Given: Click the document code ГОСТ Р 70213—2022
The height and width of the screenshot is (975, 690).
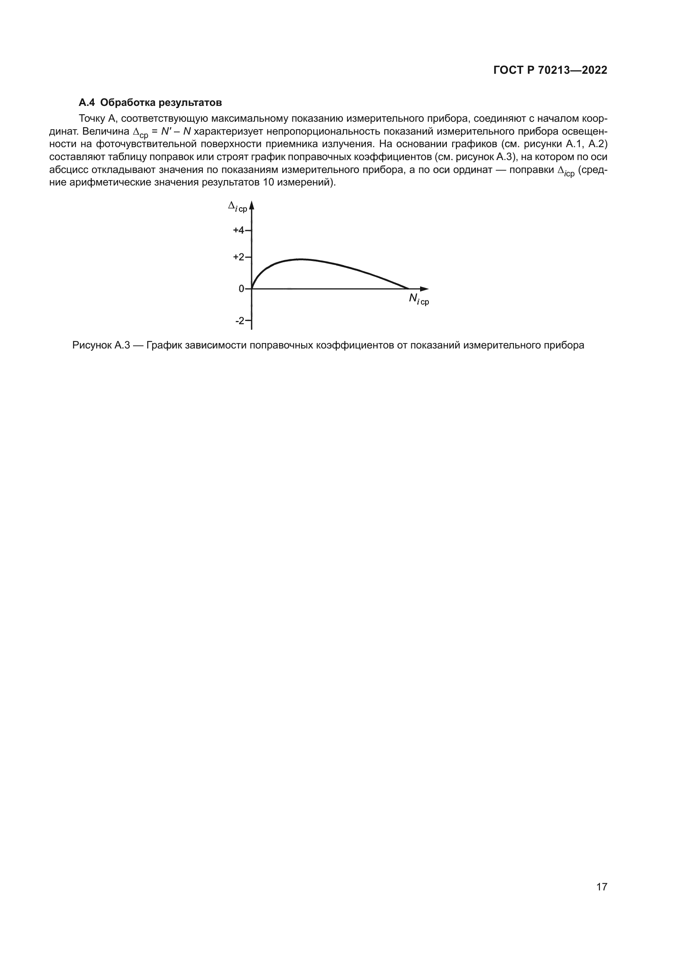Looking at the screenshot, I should pos(550,70).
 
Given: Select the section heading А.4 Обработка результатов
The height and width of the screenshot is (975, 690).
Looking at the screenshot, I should pos(151,103).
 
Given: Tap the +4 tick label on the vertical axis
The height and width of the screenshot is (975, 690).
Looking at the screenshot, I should pos(238,231).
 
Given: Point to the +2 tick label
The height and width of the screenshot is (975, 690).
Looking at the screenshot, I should pos(238,257).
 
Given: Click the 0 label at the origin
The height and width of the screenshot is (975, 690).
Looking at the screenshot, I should pos(241,289).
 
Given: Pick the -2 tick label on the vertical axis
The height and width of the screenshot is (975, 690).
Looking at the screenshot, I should pos(240,321).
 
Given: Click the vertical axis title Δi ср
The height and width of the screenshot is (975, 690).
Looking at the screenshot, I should pos(237,207).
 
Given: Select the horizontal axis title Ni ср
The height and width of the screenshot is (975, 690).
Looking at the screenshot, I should pos(418,300).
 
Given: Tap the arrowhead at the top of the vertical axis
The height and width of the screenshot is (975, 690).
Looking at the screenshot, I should pos(252,205).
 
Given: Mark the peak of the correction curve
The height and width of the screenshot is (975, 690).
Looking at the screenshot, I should pos(300,259).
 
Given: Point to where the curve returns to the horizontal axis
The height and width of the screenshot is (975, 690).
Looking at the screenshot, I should pos(408,288).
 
